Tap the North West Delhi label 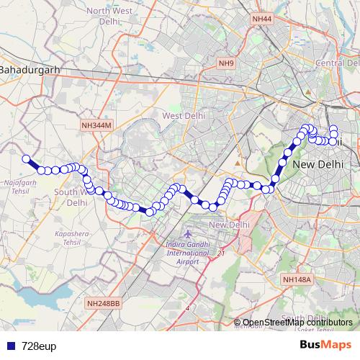tap(110, 17)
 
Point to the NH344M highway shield tap(96, 125)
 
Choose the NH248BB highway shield tap(103, 304)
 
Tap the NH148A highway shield tap(296, 279)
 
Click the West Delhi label tap(184, 115)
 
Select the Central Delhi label tap(337, 63)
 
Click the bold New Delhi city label tap(318, 165)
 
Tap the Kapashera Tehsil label tap(70, 240)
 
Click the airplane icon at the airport tap(189, 234)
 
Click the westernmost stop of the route tap(26, 159)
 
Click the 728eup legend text tap(39, 346)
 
